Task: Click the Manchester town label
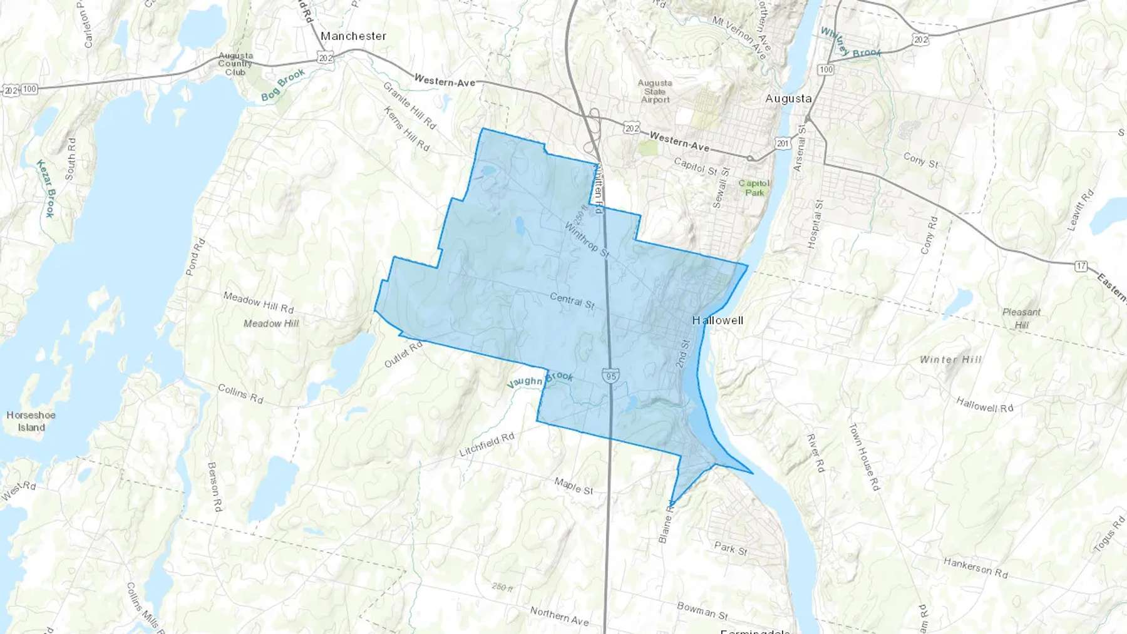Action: [x=353, y=36]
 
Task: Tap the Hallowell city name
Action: [x=718, y=320]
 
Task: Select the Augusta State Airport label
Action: [x=655, y=91]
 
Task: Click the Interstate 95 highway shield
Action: [x=610, y=376]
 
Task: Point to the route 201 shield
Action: [x=783, y=144]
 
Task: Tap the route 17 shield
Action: [x=1081, y=266]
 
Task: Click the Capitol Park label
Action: [x=754, y=188]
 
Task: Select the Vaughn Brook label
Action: [x=540, y=379]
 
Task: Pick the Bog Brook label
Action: [x=283, y=85]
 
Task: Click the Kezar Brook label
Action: [x=46, y=188]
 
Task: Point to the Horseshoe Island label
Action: [x=31, y=421]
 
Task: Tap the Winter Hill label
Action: [x=950, y=360]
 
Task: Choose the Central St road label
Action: [x=572, y=300]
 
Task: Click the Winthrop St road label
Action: [x=587, y=238]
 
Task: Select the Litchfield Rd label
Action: [x=486, y=444]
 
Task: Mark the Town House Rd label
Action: [x=864, y=456]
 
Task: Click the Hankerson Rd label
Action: [x=975, y=568]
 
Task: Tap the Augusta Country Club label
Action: [x=235, y=64]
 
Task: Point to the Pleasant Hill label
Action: [x=1021, y=318]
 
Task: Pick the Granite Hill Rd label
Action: [x=409, y=105]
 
